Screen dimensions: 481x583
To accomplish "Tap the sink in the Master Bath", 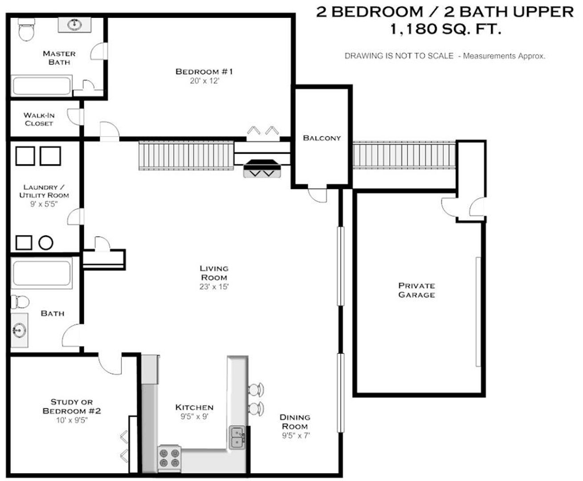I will [x=74, y=24].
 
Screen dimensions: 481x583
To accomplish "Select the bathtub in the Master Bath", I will [x=41, y=85].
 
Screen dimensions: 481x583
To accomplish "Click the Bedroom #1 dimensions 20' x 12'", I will [x=204, y=81].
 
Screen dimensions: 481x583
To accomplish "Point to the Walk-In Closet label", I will [x=39, y=119].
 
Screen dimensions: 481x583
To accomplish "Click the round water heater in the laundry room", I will [x=46, y=243].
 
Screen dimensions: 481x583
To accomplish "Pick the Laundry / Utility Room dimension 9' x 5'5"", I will [x=44, y=204].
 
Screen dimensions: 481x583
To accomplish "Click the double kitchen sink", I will [x=237, y=437].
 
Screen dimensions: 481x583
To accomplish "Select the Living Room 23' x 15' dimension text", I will [x=214, y=287].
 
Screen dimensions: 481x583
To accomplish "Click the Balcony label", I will [x=322, y=138].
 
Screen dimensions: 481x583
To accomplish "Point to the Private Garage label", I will [x=416, y=290].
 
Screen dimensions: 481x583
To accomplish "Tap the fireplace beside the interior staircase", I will [x=262, y=169].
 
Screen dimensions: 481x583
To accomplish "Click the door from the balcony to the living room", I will [x=318, y=194].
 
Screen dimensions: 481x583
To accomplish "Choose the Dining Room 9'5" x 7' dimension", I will [x=295, y=436].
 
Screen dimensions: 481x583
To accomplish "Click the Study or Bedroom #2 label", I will [x=72, y=406].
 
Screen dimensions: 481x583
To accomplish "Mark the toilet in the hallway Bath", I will [x=20, y=302].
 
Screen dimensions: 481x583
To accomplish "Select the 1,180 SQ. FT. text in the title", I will [x=445, y=30].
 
